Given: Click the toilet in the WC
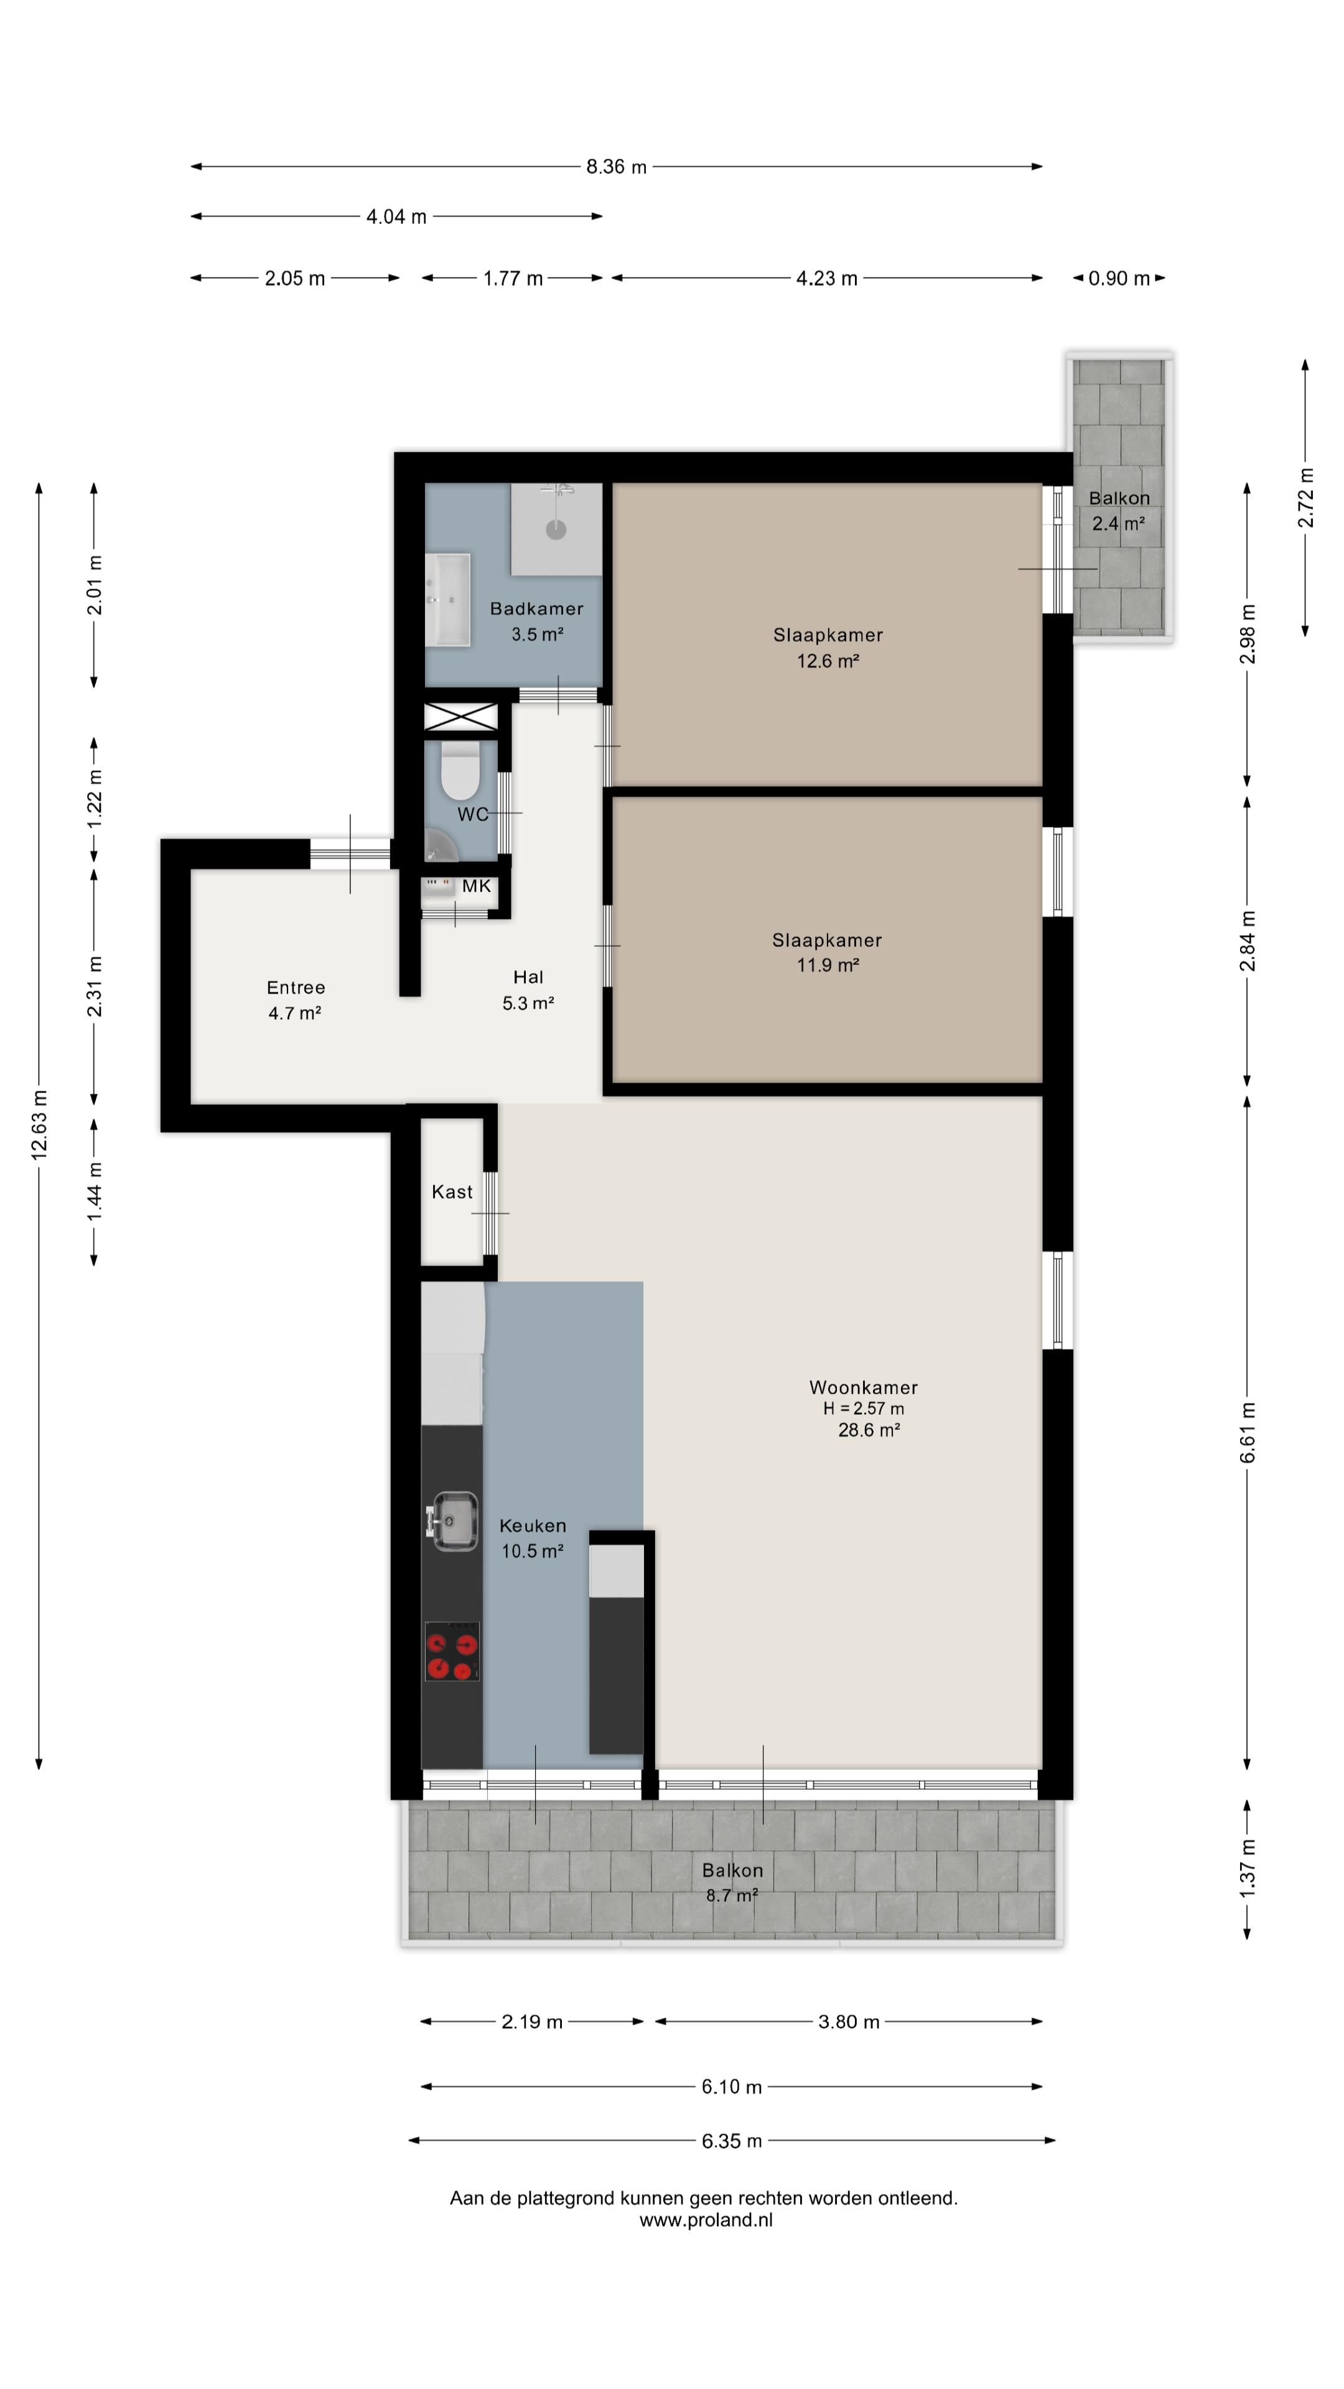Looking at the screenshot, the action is (459, 769).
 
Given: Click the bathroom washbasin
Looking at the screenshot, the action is (448, 599).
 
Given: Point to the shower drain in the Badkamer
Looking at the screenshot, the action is (556, 529).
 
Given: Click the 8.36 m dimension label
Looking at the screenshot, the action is (616, 167).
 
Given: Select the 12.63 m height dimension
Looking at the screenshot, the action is (39, 1125).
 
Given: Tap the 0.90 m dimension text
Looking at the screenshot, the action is (1119, 278).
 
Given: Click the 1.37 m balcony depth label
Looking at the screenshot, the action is (1248, 1868).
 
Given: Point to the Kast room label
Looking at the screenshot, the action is (452, 1192).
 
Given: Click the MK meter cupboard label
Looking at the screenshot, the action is (476, 886).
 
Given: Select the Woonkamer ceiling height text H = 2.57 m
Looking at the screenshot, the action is (864, 1409).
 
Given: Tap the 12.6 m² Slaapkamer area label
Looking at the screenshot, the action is (828, 661).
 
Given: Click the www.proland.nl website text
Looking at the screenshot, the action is (706, 2220).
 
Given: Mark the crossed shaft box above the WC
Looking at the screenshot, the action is (461, 717).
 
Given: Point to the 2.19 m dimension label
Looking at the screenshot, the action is (533, 2022).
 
